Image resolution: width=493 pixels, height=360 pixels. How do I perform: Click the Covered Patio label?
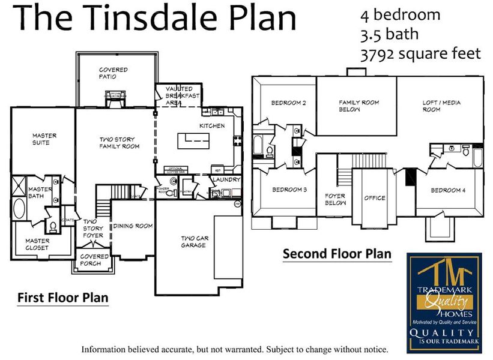click(x=113, y=73)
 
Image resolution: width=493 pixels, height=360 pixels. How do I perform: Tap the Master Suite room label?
click(x=44, y=139)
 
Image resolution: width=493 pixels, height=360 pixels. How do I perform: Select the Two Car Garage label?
click(x=196, y=241)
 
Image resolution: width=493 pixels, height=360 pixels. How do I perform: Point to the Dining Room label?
click(x=133, y=226)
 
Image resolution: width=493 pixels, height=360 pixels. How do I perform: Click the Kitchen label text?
click(x=212, y=126)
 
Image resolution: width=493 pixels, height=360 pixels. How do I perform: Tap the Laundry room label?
click(x=226, y=179)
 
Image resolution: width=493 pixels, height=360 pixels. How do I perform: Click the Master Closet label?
click(x=37, y=244)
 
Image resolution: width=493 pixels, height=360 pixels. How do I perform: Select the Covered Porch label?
click(x=94, y=259)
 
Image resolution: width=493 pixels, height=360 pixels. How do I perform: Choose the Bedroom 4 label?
click(x=448, y=190)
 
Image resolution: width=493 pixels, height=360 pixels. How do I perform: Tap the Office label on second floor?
click(x=375, y=198)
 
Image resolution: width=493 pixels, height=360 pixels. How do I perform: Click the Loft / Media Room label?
click(x=441, y=106)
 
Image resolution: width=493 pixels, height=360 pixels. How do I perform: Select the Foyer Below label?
click(x=335, y=199)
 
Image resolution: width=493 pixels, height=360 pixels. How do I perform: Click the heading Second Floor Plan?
click(x=337, y=254)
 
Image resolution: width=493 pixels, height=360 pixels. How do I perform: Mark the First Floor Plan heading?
click(x=62, y=297)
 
